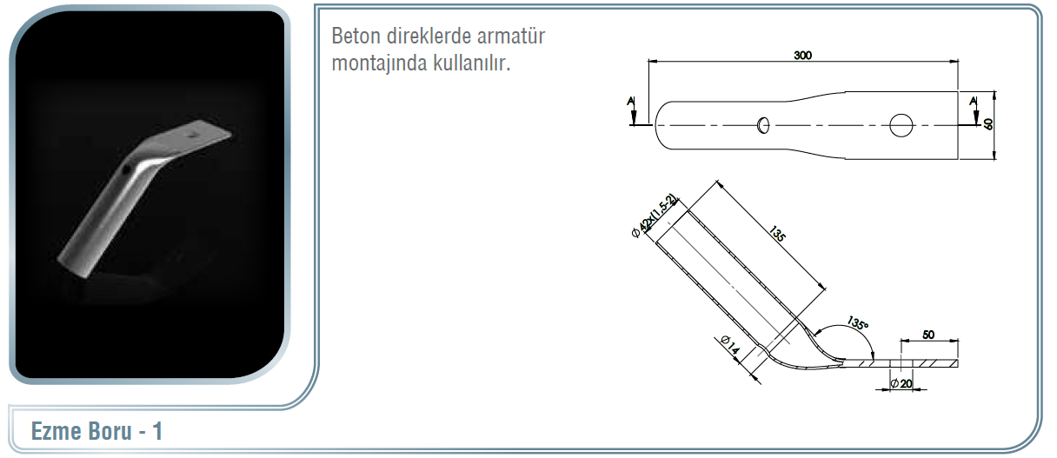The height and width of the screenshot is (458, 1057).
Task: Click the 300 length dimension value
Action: [x=802, y=56]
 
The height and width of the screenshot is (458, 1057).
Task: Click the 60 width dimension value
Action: [x=988, y=124]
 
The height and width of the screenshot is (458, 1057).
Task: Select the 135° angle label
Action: [x=857, y=323]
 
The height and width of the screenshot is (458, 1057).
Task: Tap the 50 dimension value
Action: [x=928, y=335]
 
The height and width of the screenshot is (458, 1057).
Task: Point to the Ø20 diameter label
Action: [x=901, y=383]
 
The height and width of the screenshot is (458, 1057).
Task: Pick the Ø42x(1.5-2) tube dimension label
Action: [x=654, y=216]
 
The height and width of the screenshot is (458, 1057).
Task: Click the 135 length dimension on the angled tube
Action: [x=777, y=234]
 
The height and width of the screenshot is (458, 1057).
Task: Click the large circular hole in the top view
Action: [x=901, y=125]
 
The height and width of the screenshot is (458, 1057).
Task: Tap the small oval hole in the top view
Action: [x=763, y=125]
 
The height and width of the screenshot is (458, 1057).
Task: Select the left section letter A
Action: [x=631, y=101]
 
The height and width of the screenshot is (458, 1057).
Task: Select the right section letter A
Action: [x=973, y=101]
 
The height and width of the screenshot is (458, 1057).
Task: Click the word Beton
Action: [x=355, y=36]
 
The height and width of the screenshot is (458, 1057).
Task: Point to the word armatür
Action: [x=511, y=36]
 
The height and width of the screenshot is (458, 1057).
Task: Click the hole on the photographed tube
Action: [x=126, y=169]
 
